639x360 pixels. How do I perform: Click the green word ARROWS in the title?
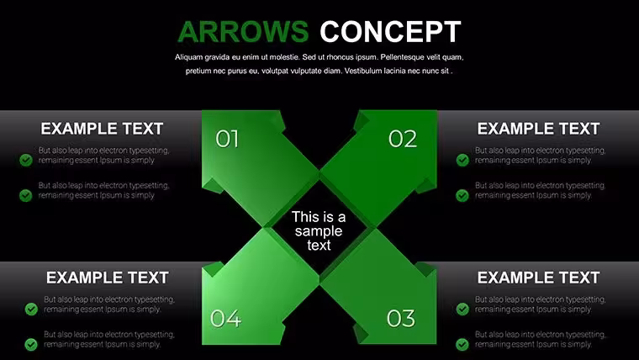243,32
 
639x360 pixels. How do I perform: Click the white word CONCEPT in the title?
390,32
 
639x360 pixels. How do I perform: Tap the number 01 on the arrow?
227,139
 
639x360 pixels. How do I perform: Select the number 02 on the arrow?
403,139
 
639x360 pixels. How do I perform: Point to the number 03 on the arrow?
401,319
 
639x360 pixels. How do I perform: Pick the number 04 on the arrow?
226,319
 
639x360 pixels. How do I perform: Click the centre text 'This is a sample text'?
319,230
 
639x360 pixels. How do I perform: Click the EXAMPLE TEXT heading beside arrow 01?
102,129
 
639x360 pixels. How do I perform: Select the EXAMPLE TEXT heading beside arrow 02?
538,129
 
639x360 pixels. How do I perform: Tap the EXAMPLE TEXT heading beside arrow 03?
538,278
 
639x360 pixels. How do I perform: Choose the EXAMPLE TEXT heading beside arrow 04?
107,278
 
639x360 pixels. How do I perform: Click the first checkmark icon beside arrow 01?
26,160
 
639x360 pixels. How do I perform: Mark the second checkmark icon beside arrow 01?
26,195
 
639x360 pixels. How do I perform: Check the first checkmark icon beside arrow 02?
462,160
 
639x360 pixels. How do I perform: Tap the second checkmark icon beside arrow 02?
462,195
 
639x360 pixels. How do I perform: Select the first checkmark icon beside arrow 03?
462,309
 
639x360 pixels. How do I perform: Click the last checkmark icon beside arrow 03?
462,344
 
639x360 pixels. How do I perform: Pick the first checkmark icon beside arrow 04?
31,309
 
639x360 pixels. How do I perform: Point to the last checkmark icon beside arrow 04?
31,344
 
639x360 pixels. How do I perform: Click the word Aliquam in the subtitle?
187,57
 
